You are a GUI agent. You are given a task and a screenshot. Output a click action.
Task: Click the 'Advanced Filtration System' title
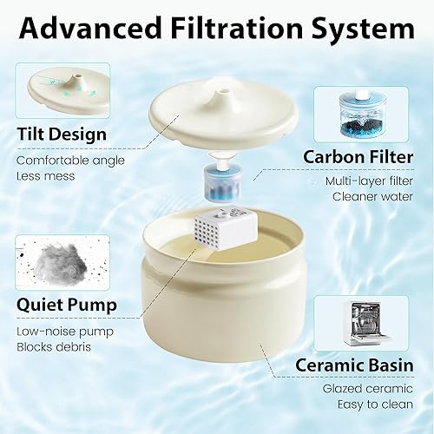(x=217, y=29)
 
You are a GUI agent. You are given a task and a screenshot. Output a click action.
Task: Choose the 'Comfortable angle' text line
(x=69, y=160)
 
